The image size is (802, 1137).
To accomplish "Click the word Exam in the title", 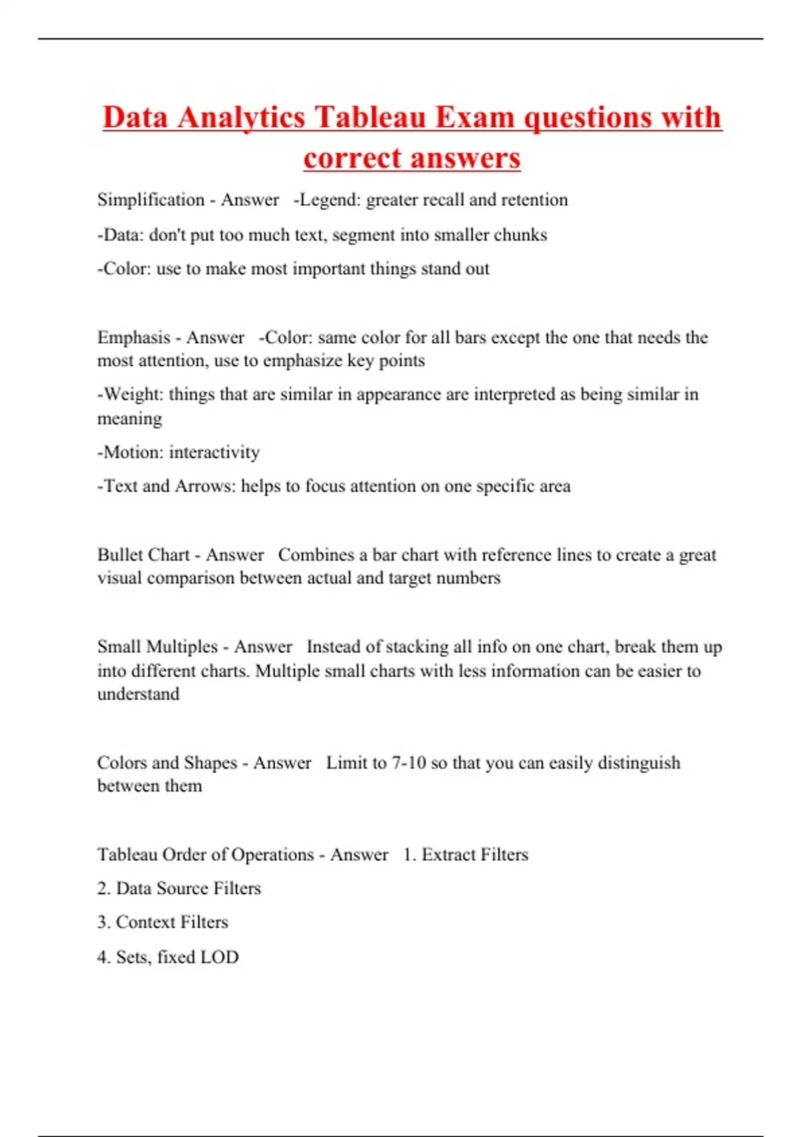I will point(475,118).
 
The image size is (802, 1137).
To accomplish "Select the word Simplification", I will point(151,200).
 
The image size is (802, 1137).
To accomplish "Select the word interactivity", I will point(214,452).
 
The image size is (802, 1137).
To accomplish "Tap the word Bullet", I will point(119,555).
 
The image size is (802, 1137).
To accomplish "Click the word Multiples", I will point(182,647).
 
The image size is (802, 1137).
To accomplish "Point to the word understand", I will point(138,694).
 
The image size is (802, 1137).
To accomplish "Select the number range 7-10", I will point(408,763).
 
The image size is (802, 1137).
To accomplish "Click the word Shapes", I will point(211,763).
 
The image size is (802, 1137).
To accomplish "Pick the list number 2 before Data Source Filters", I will point(103,889).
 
